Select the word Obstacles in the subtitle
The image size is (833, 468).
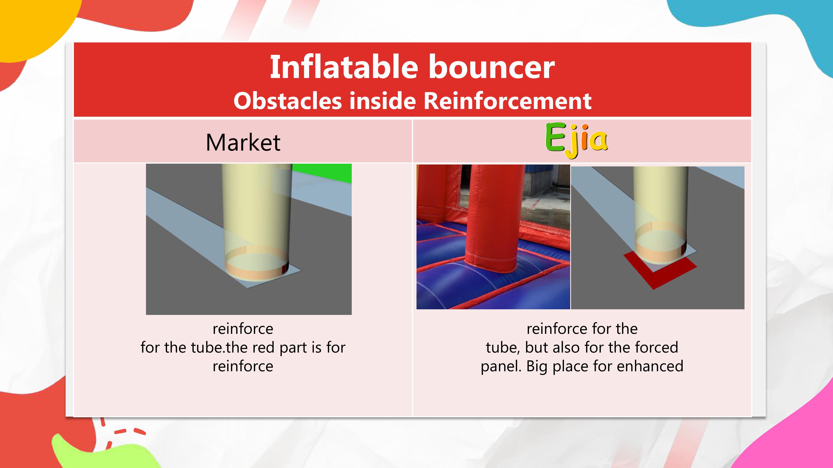287,100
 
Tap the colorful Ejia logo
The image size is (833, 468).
576,140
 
